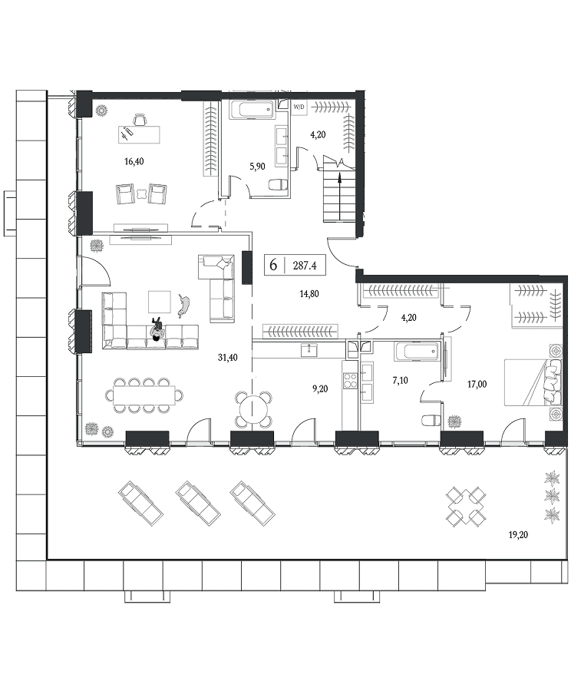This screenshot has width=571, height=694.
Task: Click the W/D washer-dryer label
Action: (x=299, y=107)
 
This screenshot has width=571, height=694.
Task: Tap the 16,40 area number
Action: (x=134, y=161)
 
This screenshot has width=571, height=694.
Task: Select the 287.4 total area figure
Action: (x=305, y=266)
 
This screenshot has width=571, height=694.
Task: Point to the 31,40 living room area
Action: (x=227, y=358)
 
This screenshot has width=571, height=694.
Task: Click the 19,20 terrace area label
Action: (x=518, y=534)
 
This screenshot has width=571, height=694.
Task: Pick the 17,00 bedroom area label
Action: (x=477, y=384)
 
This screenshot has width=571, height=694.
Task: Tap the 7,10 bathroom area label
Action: (x=400, y=380)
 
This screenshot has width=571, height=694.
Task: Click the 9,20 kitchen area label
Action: (x=320, y=388)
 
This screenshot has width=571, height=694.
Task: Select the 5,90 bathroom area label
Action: (x=258, y=167)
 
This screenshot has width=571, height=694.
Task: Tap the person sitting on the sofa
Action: (x=157, y=329)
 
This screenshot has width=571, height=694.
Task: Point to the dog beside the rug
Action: (x=185, y=306)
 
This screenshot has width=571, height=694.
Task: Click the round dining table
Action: (x=253, y=408)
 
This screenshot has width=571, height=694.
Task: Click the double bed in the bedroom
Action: (x=533, y=382)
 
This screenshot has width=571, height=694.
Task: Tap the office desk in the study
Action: (x=139, y=134)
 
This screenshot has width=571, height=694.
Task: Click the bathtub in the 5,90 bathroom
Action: (x=252, y=109)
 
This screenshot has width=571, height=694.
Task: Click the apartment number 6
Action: (x=273, y=266)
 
